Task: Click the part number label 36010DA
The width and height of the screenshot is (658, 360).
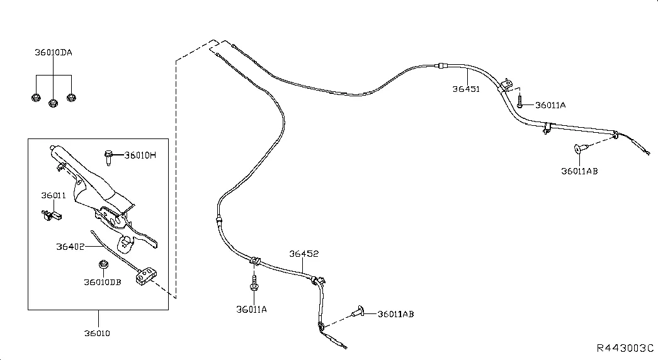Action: point(54,52)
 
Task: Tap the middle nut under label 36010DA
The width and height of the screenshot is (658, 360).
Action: point(54,103)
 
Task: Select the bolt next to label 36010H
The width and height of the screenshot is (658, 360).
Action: point(109,157)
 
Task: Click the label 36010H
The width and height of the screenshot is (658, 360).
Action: point(140,155)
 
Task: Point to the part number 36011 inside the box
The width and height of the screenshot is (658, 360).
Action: point(54,196)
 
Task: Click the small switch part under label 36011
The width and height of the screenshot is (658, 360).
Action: point(52,216)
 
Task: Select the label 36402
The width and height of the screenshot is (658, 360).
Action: point(70,247)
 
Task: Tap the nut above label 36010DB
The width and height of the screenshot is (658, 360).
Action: point(103,264)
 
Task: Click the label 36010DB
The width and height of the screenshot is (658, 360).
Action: point(103,283)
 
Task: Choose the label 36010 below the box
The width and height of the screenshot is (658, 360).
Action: point(97,333)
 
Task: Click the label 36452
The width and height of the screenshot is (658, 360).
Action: point(304,254)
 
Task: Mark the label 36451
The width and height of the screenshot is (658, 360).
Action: point(466,89)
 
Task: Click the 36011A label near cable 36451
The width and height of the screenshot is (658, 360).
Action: point(550,105)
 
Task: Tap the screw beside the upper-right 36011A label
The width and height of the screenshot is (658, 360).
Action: point(519,101)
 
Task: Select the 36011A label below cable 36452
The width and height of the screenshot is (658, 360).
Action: point(251,310)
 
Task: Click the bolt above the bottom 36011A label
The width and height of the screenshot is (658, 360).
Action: point(254,283)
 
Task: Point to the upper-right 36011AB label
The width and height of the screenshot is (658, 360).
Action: point(579,171)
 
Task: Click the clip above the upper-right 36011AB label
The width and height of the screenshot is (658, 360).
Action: point(581,148)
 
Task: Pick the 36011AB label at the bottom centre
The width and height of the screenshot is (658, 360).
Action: point(395,314)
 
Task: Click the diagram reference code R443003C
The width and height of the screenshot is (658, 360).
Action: point(625,348)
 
